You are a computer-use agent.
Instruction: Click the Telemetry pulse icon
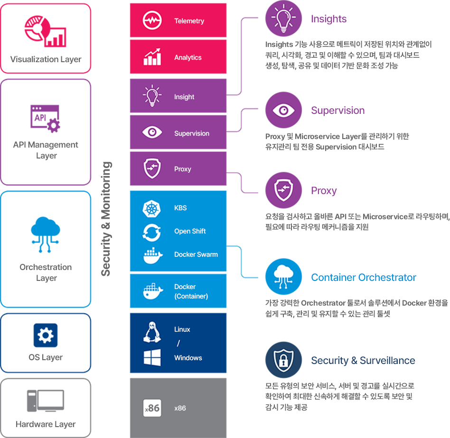click(x=152, y=20)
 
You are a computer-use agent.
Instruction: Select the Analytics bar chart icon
click(x=152, y=57)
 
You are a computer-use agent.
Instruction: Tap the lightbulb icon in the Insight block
click(x=152, y=96)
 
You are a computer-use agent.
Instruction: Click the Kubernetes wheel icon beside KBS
click(x=151, y=208)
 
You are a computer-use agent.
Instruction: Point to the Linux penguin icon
click(x=152, y=332)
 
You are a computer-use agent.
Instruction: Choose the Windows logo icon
click(x=152, y=357)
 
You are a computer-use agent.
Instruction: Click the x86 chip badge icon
click(x=152, y=408)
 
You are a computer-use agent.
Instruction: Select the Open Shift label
click(x=190, y=231)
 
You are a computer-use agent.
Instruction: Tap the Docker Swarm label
click(x=196, y=254)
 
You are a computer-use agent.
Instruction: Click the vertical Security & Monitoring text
click(x=106, y=219)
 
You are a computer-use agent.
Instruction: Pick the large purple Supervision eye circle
click(x=283, y=110)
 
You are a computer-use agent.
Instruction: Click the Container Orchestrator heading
click(x=364, y=278)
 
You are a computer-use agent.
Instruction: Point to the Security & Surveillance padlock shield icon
click(x=283, y=360)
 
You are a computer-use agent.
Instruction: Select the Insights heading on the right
click(x=329, y=19)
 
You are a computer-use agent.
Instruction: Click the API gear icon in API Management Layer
click(x=46, y=119)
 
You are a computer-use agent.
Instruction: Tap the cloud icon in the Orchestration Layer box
click(x=46, y=234)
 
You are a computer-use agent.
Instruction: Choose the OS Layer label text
click(x=46, y=357)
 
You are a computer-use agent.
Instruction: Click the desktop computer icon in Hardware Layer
click(x=46, y=401)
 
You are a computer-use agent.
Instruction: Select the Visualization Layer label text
click(x=46, y=59)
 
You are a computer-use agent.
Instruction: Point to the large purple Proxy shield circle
click(x=283, y=190)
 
